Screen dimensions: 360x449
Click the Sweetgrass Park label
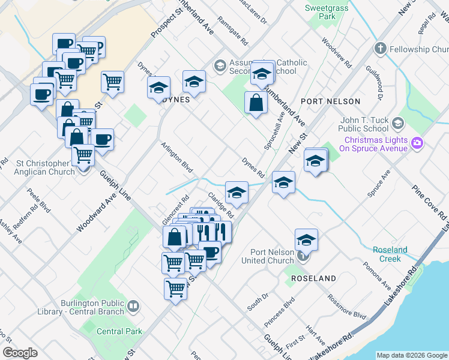(328, 13)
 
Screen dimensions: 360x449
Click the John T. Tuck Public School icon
(397, 124)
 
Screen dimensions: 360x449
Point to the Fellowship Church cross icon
(380, 49)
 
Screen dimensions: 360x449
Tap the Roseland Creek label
(390, 254)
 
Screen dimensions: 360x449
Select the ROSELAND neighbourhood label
(313, 279)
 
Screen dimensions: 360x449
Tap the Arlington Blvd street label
(176, 157)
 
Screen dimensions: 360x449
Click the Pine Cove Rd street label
(429, 202)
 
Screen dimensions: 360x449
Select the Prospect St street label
(166, 23)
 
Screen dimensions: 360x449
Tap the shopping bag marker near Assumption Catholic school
(256, 103)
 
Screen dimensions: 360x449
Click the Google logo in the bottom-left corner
(20, 353)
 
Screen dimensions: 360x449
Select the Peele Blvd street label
(38, 203)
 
